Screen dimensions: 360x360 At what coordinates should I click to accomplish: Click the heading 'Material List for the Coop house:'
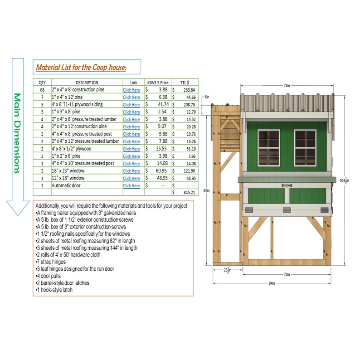click(81, 68)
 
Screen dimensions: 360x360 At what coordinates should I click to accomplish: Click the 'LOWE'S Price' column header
click(157, 83)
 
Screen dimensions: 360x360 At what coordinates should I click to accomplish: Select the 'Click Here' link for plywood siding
click(131, 105)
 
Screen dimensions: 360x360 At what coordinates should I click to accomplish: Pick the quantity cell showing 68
click(42, 90)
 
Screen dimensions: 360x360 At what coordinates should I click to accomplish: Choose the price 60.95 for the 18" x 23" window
click(161, 171)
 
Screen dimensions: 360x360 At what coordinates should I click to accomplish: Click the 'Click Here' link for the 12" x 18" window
click(131, 178)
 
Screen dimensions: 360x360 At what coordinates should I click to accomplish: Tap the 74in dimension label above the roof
click(287, 85)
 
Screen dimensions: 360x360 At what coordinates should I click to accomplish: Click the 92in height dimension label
click(207, 191)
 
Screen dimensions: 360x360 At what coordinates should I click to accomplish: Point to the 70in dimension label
click(287, 274)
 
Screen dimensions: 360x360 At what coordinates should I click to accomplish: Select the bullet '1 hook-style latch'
click(54, 290)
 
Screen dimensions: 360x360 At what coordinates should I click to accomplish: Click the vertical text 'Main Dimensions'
click(17, 133)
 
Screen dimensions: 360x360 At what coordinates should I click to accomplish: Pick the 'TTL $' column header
click(185, 83)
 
